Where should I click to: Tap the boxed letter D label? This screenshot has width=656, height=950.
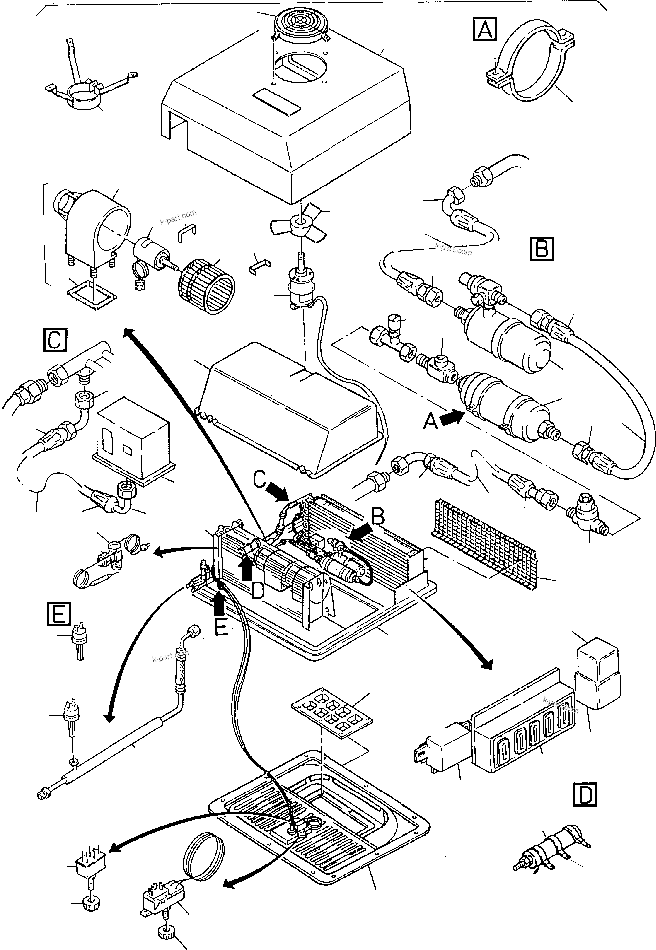pyautogui.click(x=584, y=795)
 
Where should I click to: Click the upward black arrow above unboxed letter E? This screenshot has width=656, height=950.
pyautogui.click(x=220, y=605)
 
